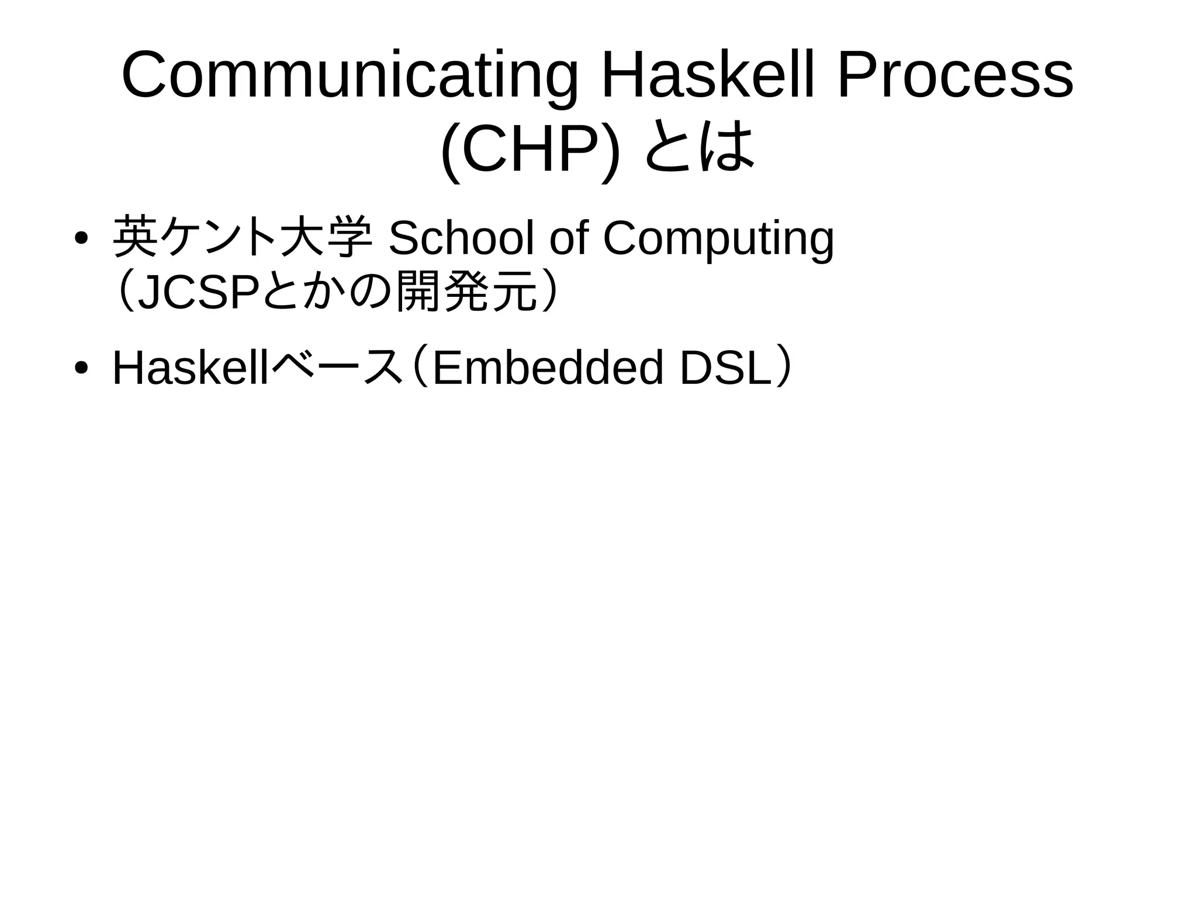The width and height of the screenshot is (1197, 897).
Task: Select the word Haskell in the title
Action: [707, 76]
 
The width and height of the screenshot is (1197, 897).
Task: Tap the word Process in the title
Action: [955, 76]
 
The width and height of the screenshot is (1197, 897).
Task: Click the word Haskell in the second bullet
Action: [191, 368]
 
